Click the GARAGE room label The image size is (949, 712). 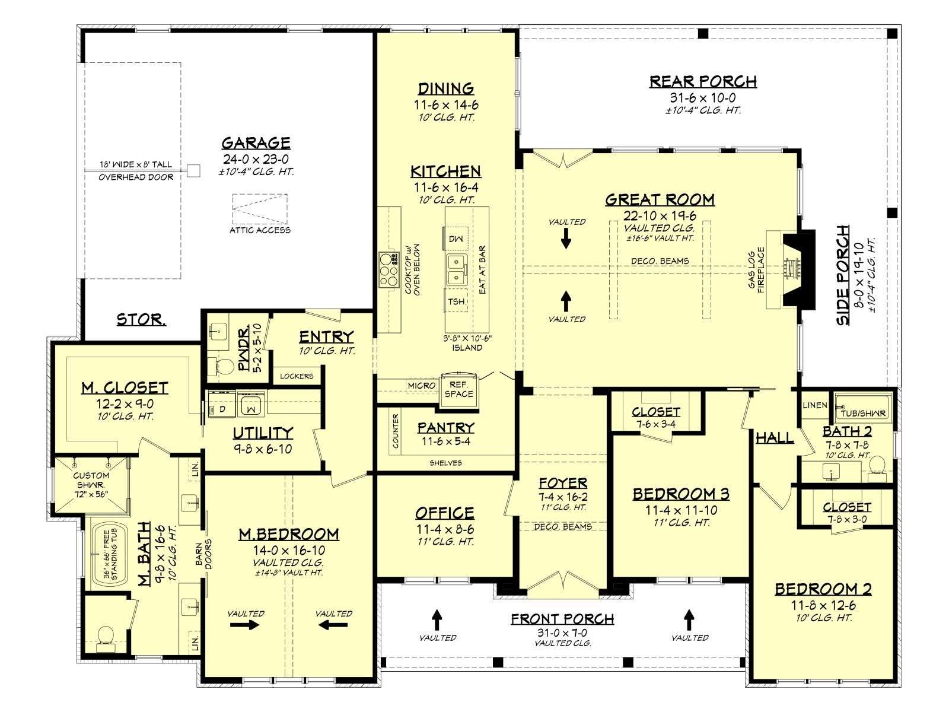click(x=256, y=142)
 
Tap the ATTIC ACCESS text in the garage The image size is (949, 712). click(x=260, y=230)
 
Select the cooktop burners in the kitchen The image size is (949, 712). click(x=388, y=270)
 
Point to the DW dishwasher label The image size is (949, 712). click(x=456, y=239)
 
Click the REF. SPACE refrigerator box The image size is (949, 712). click(x=458, y=389)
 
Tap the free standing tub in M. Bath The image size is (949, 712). click(x=109, y=555)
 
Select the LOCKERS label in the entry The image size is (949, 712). click(x=297, y=376)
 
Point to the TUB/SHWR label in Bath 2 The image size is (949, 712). click(x=863, y=414)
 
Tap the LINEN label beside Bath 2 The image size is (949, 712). click(x=815, y=405)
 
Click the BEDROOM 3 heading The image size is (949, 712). click(x=681, y=494)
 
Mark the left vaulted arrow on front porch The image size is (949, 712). click(x=437, y=620)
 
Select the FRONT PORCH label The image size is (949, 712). click(x=562, y=619)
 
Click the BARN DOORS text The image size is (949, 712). click(x=203, y=554)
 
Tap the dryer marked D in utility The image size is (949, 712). click(x=222, y=408)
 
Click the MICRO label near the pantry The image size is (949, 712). click(x=422, y=385)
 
